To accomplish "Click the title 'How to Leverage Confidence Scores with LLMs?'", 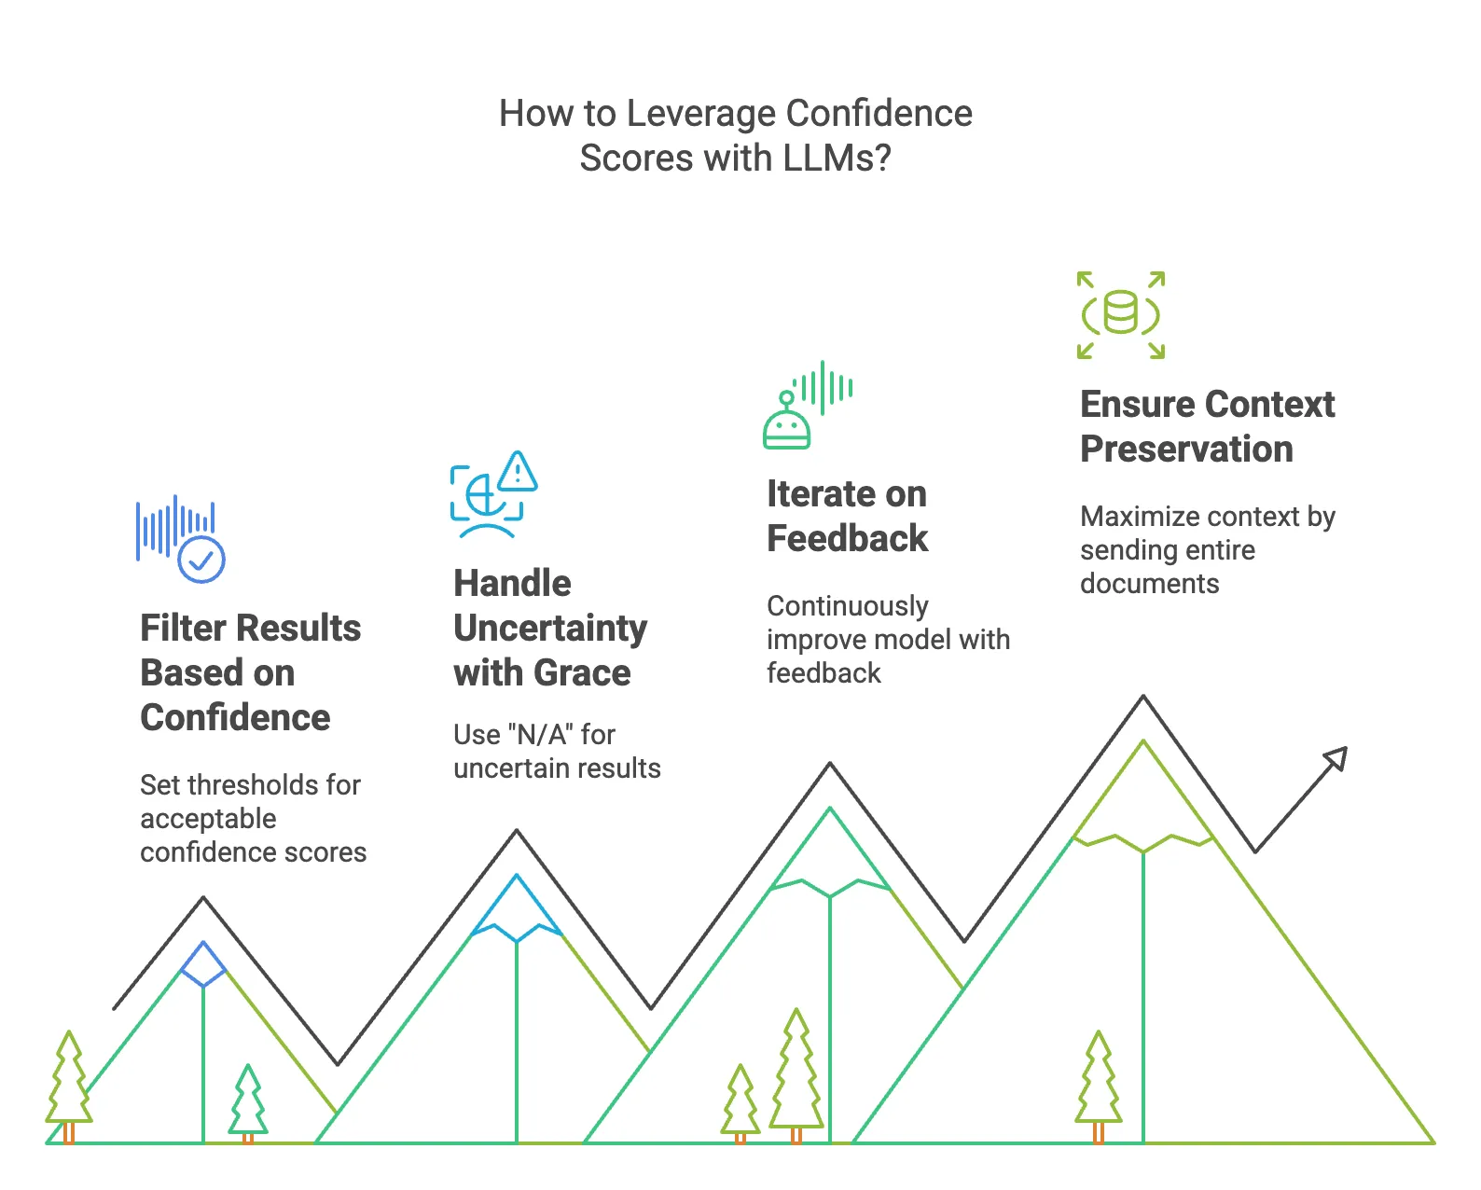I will pos(736,135).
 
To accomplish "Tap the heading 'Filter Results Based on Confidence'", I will pos(250,672).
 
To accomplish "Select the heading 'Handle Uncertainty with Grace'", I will pos(549,628).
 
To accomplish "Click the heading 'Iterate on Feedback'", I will pos(847,516).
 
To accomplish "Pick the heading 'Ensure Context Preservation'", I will pos(1207,426).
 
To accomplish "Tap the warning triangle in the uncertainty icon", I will pos(518,472).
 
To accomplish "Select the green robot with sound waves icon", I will pos(806,406).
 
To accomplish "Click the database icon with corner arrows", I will pos(1120,314).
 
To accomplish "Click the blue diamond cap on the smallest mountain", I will pos(203,964).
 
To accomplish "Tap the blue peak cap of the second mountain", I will pos(517,909).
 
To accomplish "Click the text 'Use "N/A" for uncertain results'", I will pos(557,751).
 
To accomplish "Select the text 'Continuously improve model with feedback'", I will pos(888,639).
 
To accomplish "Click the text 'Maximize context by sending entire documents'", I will pos(1207,549).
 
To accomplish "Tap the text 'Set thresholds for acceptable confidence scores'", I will pos(253,818).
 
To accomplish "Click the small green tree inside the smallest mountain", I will pos(248,1102).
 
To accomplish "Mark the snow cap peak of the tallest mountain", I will pos(1143,793).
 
